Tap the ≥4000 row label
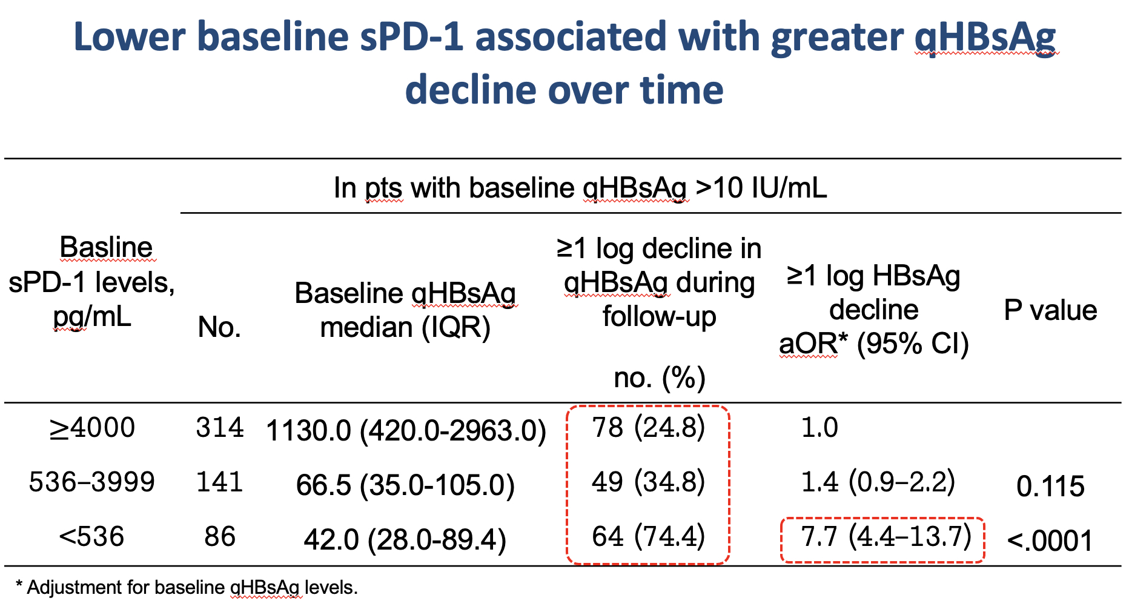pos(93,428)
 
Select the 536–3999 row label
pos(92,482)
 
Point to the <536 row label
pos(91,537)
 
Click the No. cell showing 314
pos(220,428)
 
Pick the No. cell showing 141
pos(220,482)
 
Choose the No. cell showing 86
pos(220,537)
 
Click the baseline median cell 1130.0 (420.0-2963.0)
pos(406,431)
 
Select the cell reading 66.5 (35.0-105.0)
pos(405,485)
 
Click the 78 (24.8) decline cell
pos(648,428)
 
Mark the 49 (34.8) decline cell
pos(648,482)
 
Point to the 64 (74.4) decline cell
pos(648,537)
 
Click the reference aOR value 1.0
pos(819,428)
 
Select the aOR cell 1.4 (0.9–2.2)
pos(878,482)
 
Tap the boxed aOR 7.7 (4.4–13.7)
pos(886,537)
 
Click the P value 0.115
pos(1050,487)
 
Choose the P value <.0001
pos(1050,540)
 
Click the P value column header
pos(1050,310)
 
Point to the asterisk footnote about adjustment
pos(187,587)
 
